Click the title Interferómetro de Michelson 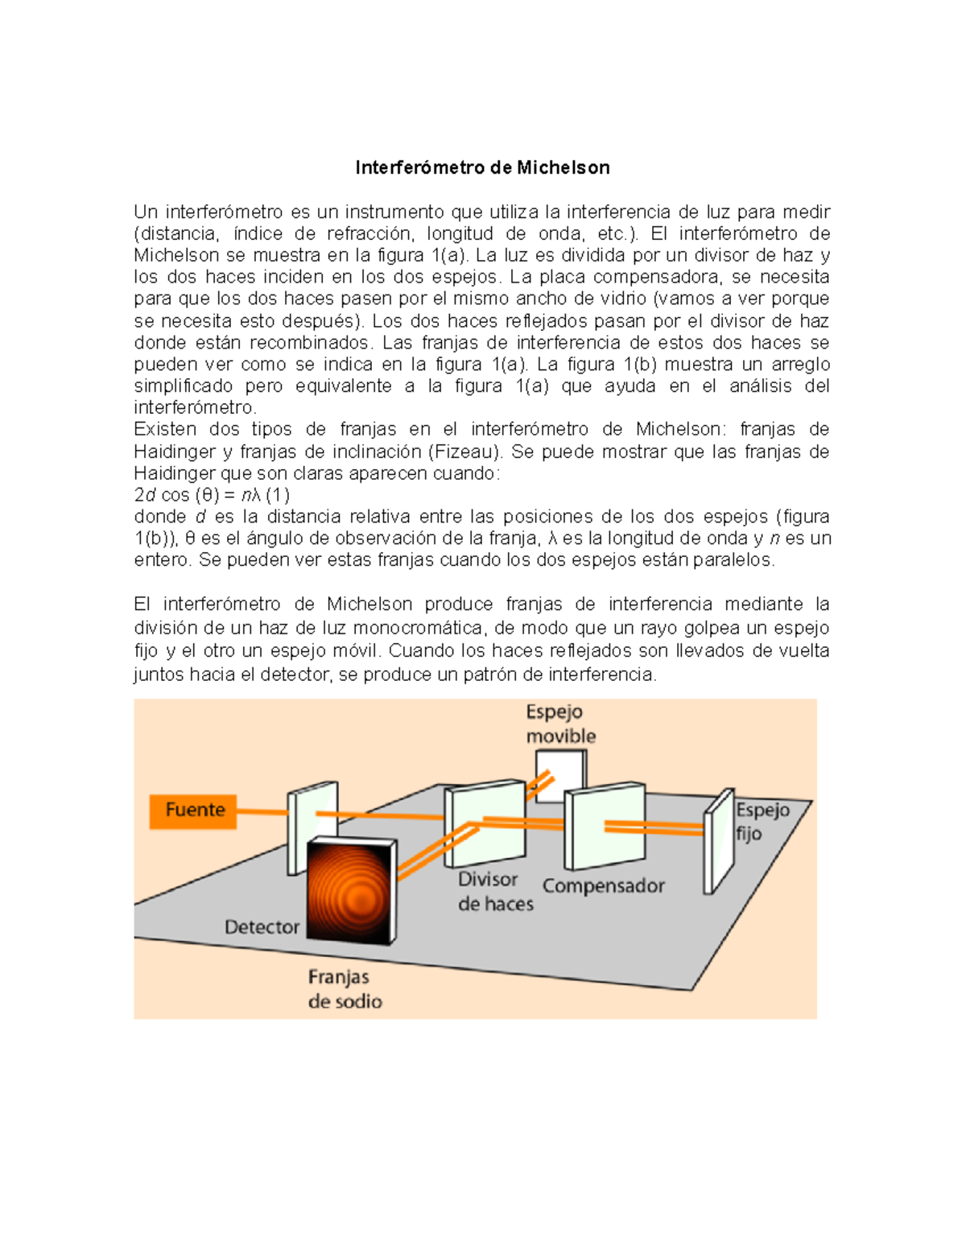coord(482,167)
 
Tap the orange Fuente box coord(193,810)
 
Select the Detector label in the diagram coord(262,927)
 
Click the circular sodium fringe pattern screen coord(352,889)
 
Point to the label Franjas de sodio coord(345,989)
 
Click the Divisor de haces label coord(494,892)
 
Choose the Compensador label coord(603,886)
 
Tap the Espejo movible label coord(560,724)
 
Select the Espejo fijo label coord(762,821)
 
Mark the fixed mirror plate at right coord(719,842)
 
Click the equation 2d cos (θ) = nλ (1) coord(212,495)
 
